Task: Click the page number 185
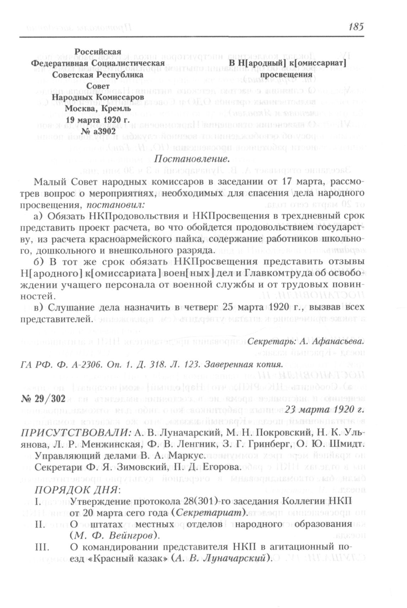356,27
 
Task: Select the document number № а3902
98,131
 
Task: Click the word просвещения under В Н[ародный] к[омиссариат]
286,75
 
